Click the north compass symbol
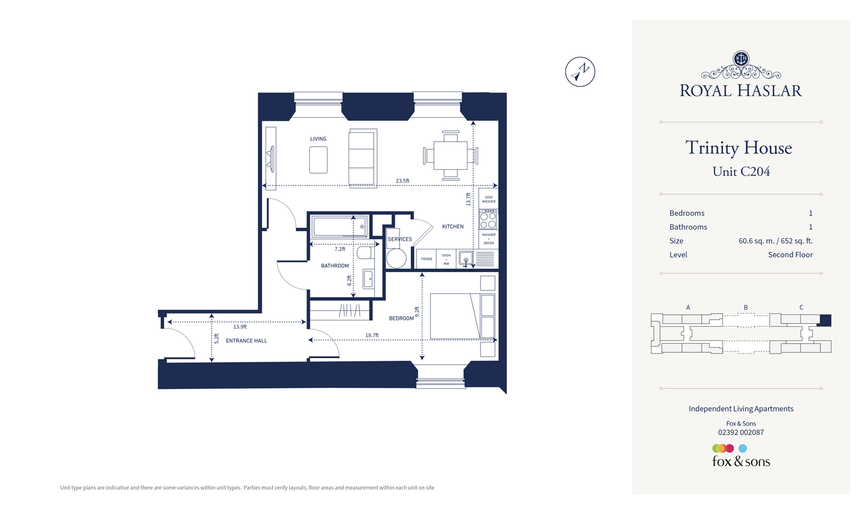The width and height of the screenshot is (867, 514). click(x=580, y=72)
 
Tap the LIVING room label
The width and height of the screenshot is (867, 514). click(x=318, y=139)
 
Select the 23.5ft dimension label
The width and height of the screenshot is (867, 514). click(x=402, y=181)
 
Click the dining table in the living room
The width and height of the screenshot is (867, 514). click(x=450, y=156)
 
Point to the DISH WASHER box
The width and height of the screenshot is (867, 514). click(x=489, y=199)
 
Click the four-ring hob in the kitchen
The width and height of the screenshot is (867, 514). click(x=489, y=220)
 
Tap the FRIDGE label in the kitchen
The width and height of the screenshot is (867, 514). click(x=426, y=259)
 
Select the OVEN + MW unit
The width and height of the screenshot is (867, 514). click(x=446, y=259)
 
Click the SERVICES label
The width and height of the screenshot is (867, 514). click(x=400, y=239)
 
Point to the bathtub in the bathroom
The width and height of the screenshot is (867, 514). click(x=340, y=227)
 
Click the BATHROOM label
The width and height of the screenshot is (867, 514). click(x=334, y=266)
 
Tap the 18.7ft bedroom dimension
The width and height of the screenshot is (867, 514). click(x=372, y=335)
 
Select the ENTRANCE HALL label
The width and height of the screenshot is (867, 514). click(x=246, y=341)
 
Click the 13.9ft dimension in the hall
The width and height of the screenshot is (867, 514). click(x=240, y=327)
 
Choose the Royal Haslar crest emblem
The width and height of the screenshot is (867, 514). click(x=741, y=59)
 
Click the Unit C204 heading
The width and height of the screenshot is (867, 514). click(x=741, y=172)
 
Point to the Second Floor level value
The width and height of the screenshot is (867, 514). click(x=790, y=255)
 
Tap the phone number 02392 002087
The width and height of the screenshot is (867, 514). click(x=740, y=433)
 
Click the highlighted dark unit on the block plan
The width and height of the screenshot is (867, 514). click(x=825, y=320)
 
